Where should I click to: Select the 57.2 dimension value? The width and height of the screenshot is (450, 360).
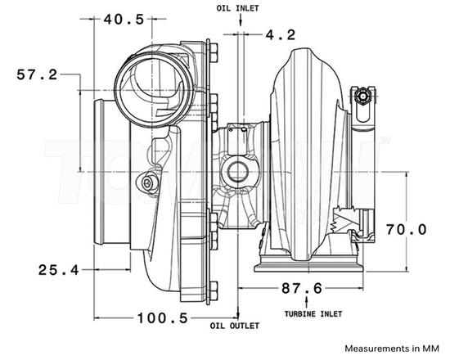pyautogui.click(x=37, y=74)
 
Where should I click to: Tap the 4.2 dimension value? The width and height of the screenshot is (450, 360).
pyautogui.click(x=280, y=34)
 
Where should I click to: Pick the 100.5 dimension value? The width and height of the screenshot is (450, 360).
pyautogui.click(x=160, y=317)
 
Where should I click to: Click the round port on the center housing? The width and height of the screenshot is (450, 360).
pyautogui.click(x=238, y=171)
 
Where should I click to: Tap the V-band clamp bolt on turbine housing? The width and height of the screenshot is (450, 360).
pyautogui.click(x=364, y=97)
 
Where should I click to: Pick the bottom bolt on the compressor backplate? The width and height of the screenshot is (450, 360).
pyautogui.click(x=214, y=289)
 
